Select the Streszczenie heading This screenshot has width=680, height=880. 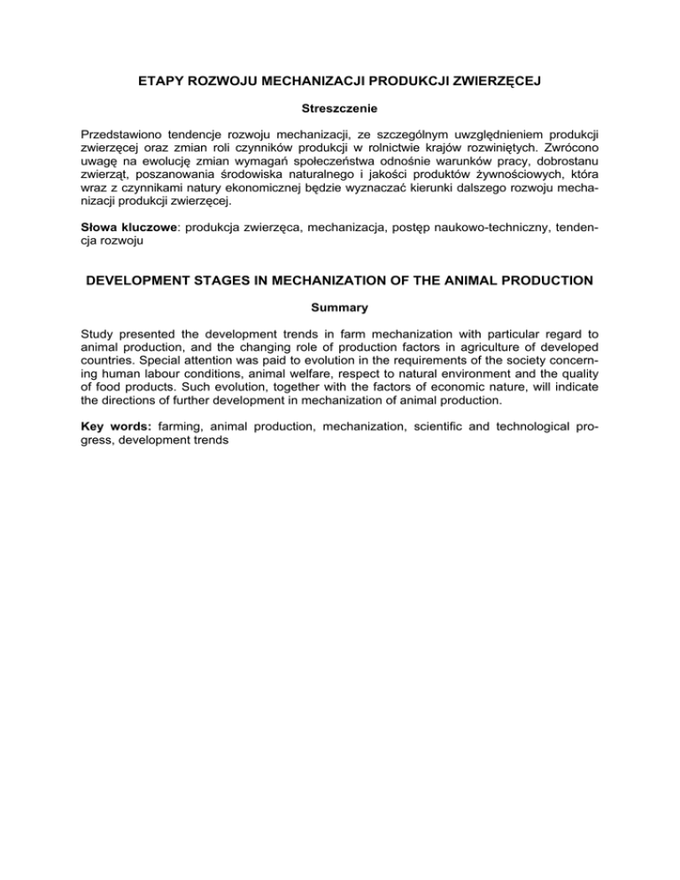pyautogui.click(x=339, y=110)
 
